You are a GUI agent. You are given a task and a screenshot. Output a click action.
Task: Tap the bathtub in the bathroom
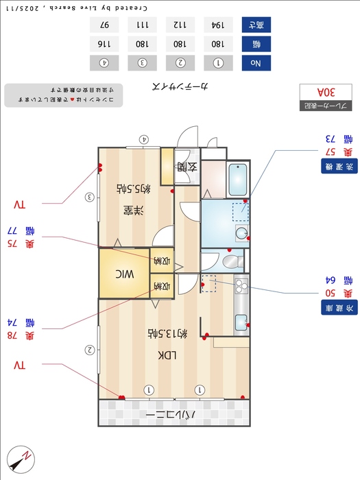point(238,180)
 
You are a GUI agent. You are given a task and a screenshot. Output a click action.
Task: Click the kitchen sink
point(241,321)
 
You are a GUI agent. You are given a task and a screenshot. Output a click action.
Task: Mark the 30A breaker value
point(326,91)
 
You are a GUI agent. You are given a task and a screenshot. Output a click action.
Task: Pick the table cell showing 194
point(218,25)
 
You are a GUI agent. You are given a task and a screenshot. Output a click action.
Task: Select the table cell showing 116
point(104,44)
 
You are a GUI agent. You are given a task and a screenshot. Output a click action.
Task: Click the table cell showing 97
point(104,25)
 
